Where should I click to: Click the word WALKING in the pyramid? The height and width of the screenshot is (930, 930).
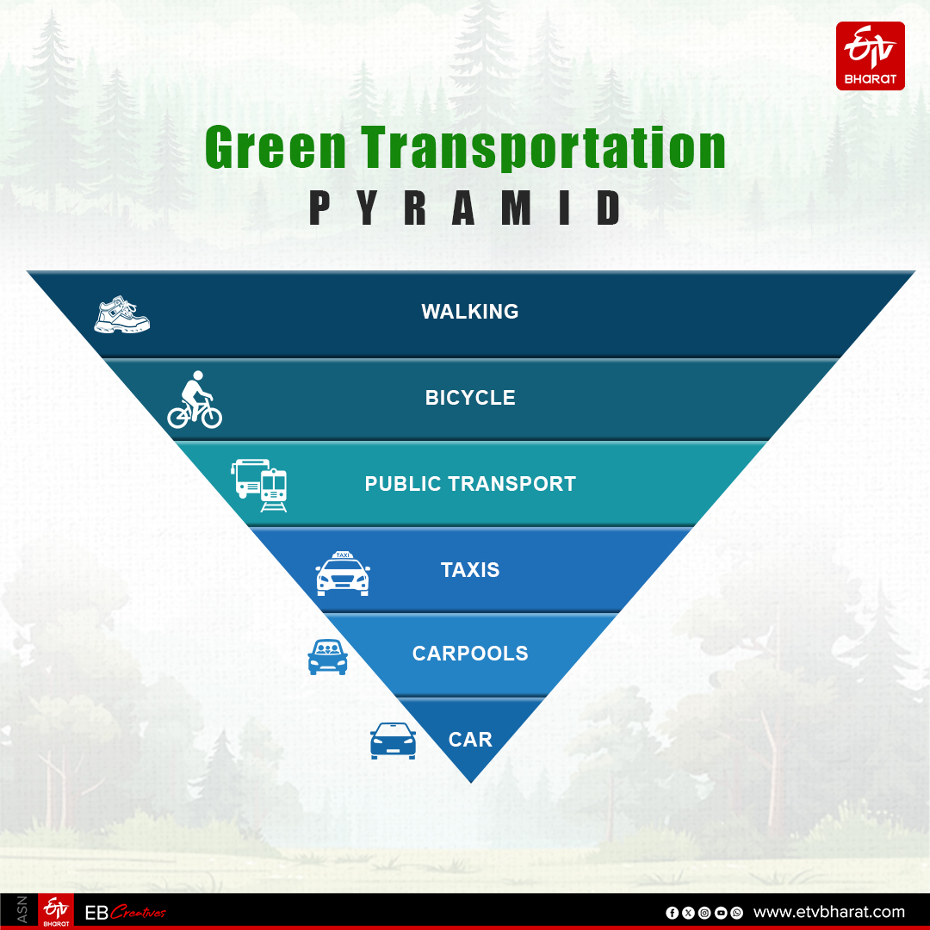pos(470,312)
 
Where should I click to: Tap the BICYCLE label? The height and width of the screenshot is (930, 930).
pos(470,398)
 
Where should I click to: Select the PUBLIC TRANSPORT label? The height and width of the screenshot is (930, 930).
pos(470,484)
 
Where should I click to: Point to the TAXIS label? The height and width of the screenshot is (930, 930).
pos(470,570)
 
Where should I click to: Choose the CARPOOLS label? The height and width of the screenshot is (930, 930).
pos(470,654)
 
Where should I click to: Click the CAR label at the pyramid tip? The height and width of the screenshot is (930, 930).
pos(470,740)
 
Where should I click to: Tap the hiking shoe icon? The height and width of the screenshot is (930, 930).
pos(121,315)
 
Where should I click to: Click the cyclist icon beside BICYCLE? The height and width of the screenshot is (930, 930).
pos(195,400)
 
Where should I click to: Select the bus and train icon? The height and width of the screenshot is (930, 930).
pos(259,485)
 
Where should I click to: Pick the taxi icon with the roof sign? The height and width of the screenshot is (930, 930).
pos(343,573)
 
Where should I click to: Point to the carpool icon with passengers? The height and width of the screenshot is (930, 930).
pos(327,657)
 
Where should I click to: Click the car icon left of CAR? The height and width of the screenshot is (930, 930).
pos(393,741)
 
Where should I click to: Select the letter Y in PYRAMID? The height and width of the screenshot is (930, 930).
pos(369,209)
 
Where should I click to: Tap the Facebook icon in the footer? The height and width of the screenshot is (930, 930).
pos(672,913)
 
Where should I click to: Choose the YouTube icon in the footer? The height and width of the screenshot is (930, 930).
pos(720,913)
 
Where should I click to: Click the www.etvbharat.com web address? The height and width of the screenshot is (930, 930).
pos(829,912)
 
